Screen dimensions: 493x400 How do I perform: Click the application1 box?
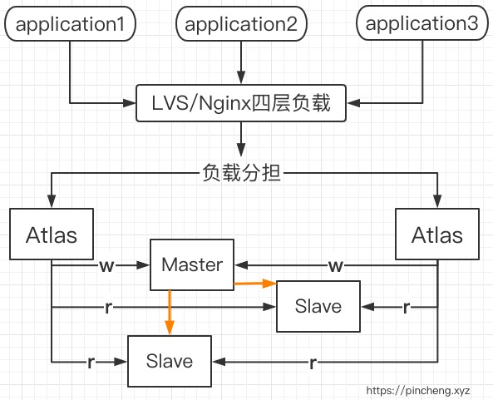[70, 24]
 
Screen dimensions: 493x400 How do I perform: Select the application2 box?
[241, 24]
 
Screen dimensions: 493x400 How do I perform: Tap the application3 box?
[422, 23]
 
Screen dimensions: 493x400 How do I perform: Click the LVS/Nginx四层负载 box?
[241, 103]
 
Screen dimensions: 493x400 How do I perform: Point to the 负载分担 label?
[241, 173]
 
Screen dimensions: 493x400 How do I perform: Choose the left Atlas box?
[52, 234]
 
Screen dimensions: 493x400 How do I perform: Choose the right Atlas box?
[437, 234]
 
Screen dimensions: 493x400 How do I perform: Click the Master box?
[192, 264]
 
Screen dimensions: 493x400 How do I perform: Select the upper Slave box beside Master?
[318, 306]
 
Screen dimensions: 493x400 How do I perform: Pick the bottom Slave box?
[170, 361]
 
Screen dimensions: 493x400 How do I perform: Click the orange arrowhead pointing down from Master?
[170, 328]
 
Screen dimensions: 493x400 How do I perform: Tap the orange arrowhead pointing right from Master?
[269, 284]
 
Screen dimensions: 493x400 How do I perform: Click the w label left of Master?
[106, 266]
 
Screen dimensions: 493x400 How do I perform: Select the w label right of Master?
[336, 266]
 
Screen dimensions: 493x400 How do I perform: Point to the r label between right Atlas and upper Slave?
[407, 307]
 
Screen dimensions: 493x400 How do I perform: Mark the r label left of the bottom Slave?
[91, 363]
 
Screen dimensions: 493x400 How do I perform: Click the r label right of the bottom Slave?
[313, 363]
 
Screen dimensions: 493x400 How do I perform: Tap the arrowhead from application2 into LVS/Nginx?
[241, 77]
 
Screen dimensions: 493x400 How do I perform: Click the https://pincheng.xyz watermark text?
[418, 391]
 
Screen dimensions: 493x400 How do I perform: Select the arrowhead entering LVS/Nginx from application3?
[353, 103]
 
